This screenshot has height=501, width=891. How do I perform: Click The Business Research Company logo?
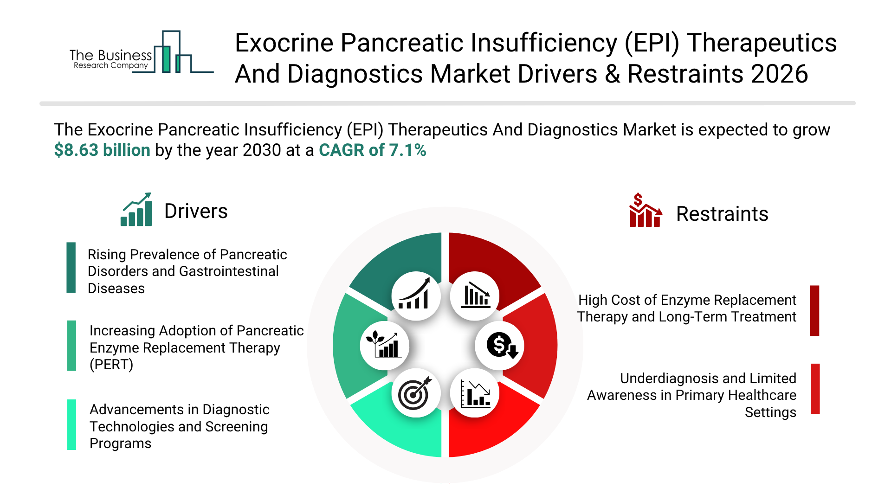tap(142, 52)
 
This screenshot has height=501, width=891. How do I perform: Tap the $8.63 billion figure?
tap(102, 150)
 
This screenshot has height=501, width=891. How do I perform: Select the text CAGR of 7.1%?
tap(373, 150)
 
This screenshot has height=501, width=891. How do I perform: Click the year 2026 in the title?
tap(780, 74)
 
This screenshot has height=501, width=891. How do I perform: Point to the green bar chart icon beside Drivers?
tap(136, 209)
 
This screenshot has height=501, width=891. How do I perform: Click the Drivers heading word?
tap(196, 212)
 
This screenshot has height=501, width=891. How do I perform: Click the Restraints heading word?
tap(722, 214)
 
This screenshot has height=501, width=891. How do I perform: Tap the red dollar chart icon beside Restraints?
tap(645, 210)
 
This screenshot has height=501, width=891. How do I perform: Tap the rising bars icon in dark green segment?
tap(416, 294)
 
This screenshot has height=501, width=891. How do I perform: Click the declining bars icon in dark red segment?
tap(475, 295)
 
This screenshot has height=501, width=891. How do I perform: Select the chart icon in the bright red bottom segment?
tap(475, 393)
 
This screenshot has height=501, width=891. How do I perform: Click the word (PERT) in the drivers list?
tap(111, 365)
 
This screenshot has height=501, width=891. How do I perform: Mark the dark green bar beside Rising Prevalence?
tap(71, 268)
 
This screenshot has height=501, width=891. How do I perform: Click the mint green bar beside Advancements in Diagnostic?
tap(71, 424)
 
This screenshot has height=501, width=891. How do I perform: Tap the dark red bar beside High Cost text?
tap(815, 310)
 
